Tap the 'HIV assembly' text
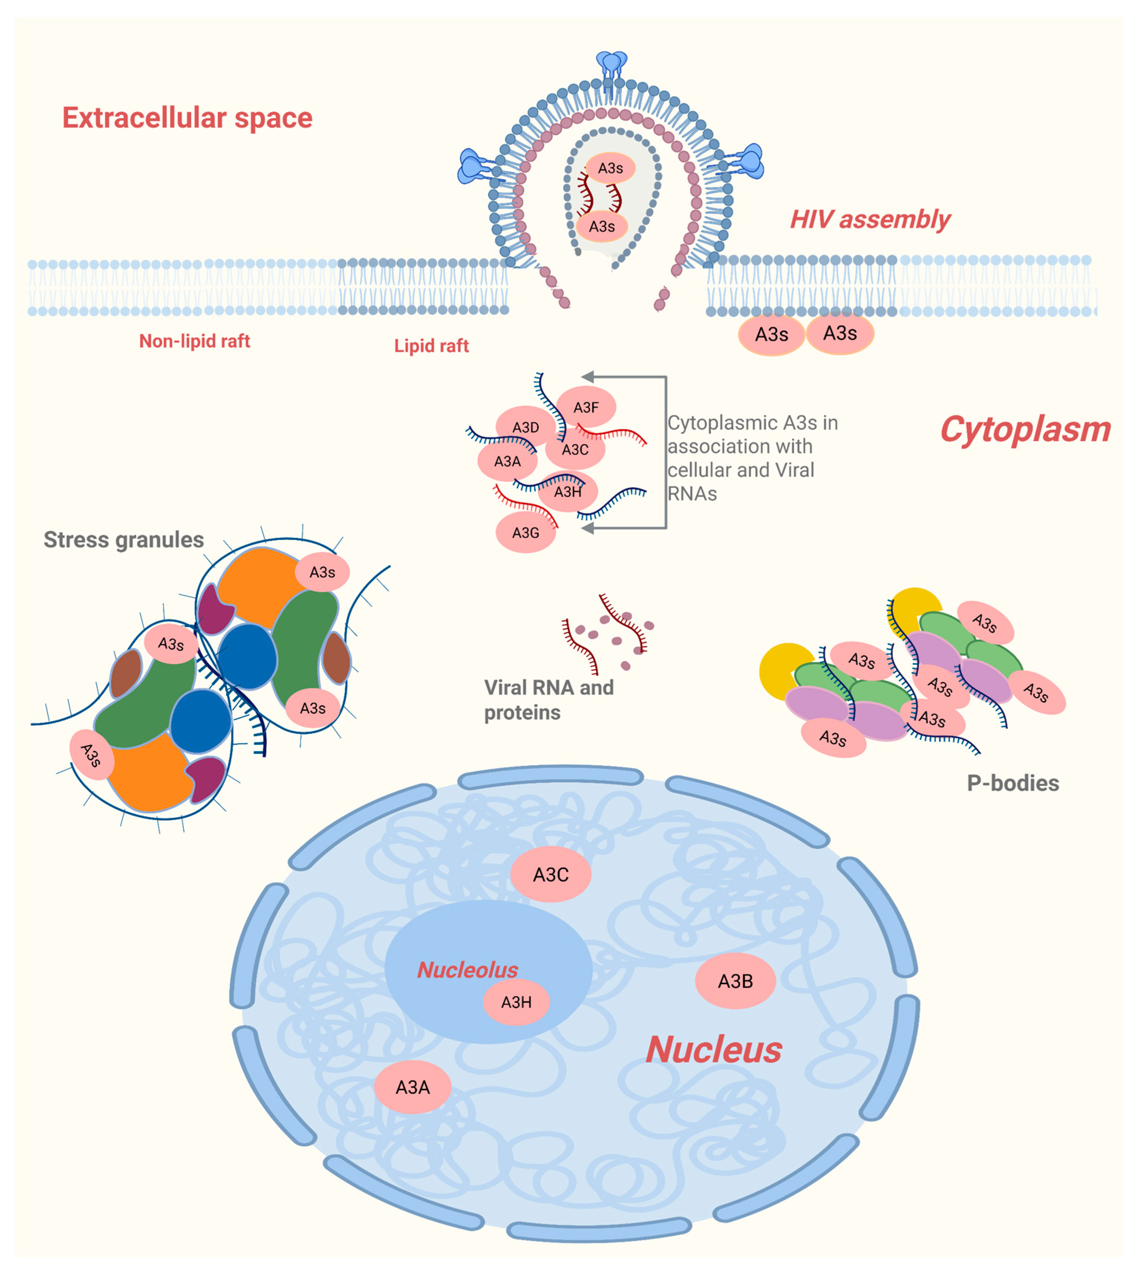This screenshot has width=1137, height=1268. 870,220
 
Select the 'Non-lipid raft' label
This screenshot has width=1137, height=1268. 194,341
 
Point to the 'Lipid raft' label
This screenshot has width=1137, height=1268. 431,345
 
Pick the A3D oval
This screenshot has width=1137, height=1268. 525,427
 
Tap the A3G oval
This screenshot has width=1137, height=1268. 525,533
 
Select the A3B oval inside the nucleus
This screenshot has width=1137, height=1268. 735,981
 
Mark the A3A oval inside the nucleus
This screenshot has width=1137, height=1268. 412,1087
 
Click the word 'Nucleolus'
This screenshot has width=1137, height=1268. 467,970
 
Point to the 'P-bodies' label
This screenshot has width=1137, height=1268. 1013,783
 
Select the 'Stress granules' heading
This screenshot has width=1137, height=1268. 124,539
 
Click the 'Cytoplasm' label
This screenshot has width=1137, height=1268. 1025,430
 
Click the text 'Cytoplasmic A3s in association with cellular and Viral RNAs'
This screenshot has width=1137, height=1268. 752,458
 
